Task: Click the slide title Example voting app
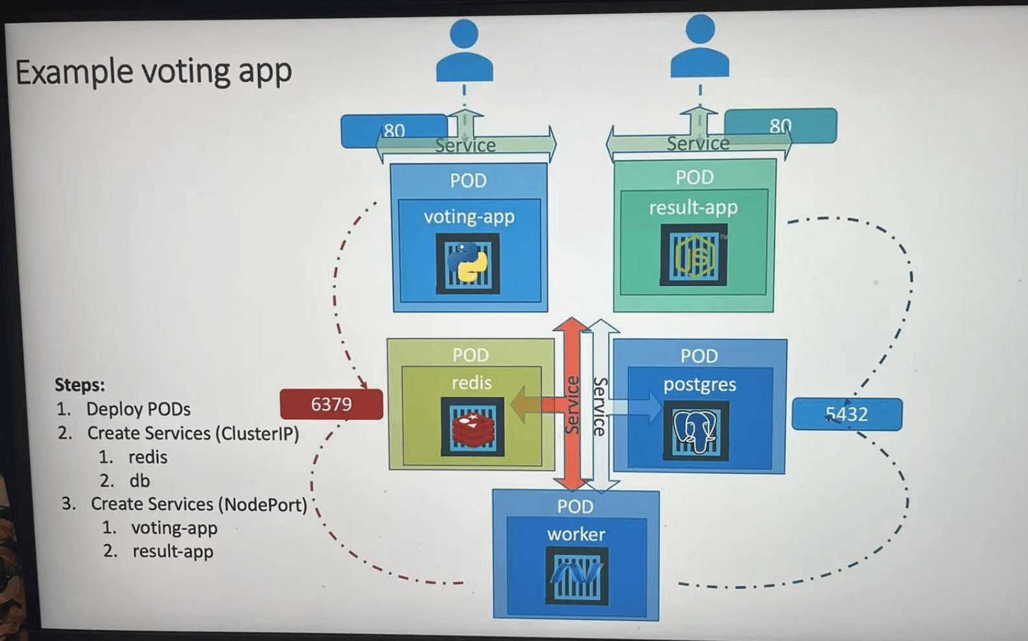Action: pos(154,71)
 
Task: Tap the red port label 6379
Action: pos(331,404)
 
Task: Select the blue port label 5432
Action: pos(847,414)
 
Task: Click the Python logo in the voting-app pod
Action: pos(468,263)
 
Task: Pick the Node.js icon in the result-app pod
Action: pos(694,255)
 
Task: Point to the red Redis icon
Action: pos(473,427)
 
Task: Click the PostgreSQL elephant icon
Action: pos(695,430)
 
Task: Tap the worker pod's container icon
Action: pos(577,575)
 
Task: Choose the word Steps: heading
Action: pos(80,385)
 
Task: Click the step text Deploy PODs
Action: pos(138,410)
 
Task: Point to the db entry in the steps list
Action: pos(139,481)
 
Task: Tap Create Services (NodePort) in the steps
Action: pos(198,504)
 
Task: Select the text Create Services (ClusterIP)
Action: pos(193,433)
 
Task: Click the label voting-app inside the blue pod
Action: pos(469,216)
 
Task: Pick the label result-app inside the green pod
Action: pos(694,207)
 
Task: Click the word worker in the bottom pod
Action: pos(576,534)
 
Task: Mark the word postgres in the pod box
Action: pos(699,384)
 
